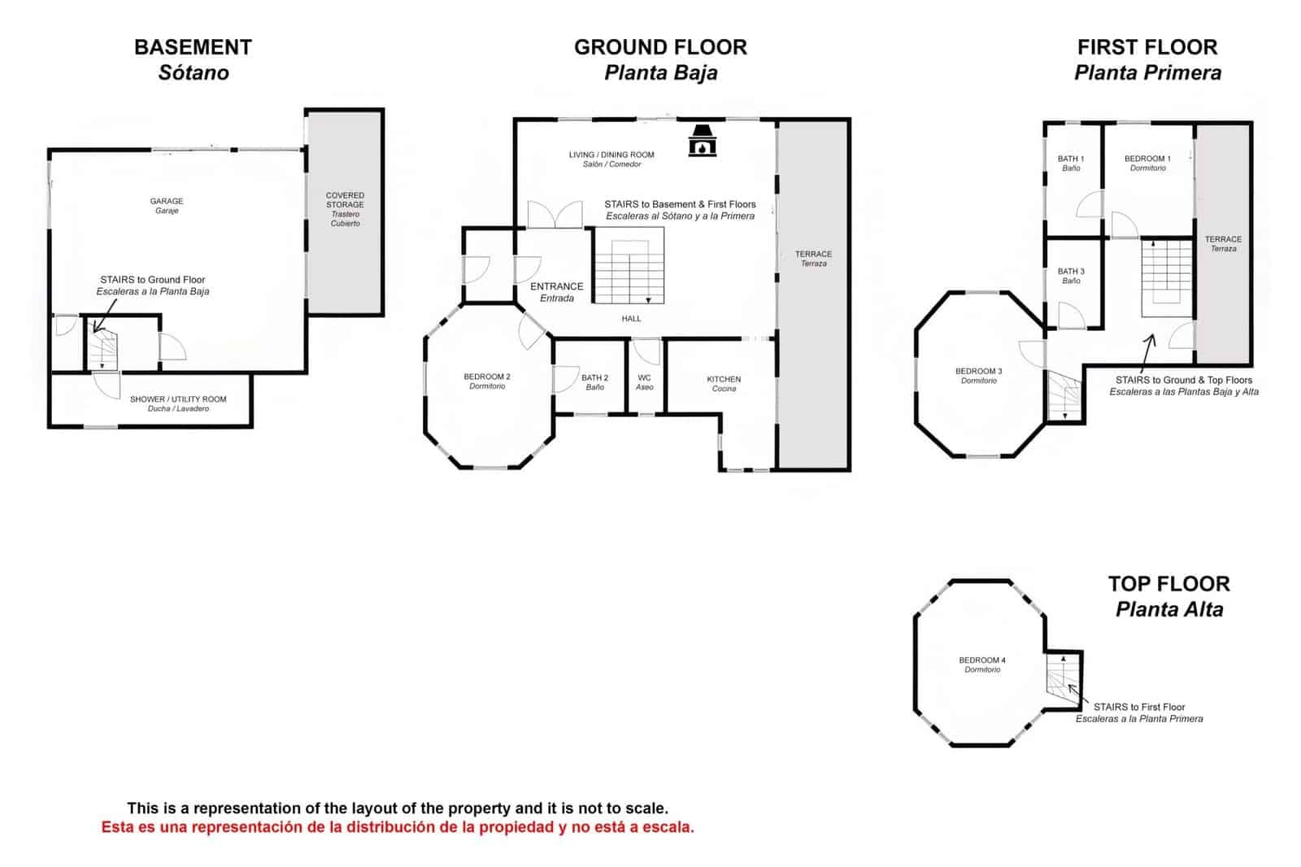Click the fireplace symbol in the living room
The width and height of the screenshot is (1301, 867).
click(x=702, y=140)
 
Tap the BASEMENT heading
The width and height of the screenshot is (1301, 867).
click(x=193, y=47)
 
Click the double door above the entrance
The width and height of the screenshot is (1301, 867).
click(x=555, y=215)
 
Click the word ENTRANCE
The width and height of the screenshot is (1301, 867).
click(x=557, y=286)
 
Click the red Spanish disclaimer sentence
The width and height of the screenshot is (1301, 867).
click(x=398, y=827)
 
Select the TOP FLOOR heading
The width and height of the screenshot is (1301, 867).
click(x=1168, y=584)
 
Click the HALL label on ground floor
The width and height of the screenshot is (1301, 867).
click(x=631, y=319)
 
